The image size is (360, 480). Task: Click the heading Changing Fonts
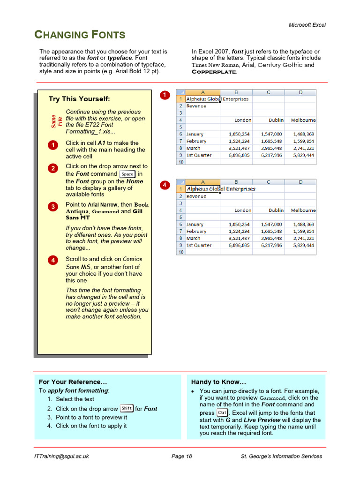coord(80,35)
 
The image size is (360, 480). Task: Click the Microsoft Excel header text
coord(307,25)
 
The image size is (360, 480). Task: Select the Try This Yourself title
coord(79,99)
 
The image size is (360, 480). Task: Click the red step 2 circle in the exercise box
coord(53,168)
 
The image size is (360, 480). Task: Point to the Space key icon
coord(127,174)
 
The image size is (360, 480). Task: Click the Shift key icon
coord(127,408)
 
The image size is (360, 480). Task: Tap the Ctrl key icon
coord(222,412)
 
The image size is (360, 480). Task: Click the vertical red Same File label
coord(57,121)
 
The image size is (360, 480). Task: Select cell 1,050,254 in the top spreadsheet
coord(239,134)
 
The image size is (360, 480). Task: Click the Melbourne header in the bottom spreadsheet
coord(303,210)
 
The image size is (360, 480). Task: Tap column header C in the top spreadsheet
coord(268,92)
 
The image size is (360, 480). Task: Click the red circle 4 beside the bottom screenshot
coord(165,185)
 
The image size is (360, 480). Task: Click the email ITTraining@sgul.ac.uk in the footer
coord(62,456)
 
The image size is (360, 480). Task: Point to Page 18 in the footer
coord(182,456)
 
